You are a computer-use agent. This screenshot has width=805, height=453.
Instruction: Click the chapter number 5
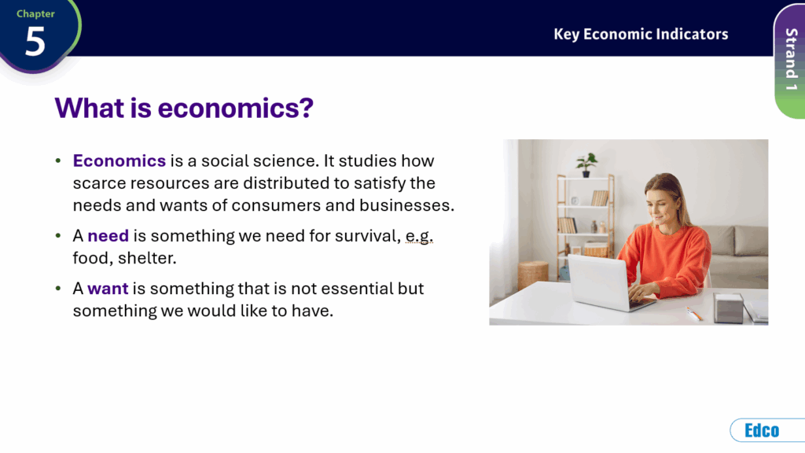35,41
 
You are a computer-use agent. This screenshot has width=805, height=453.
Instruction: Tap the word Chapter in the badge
35,14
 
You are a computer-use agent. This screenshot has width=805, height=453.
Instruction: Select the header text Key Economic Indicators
641,34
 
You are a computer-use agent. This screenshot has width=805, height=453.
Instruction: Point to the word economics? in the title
235,108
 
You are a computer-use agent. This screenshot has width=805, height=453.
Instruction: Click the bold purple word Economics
119,160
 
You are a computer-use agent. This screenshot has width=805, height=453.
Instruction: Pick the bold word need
108,236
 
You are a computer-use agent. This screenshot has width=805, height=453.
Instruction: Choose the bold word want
108,289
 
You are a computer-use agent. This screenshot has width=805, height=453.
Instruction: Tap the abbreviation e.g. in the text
420,236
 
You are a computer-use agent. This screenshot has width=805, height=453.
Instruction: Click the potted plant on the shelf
586,165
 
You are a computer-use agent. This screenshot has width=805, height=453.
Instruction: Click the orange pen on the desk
694,313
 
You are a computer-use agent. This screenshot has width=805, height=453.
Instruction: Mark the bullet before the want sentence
58,288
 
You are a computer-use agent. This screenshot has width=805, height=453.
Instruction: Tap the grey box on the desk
728,308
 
